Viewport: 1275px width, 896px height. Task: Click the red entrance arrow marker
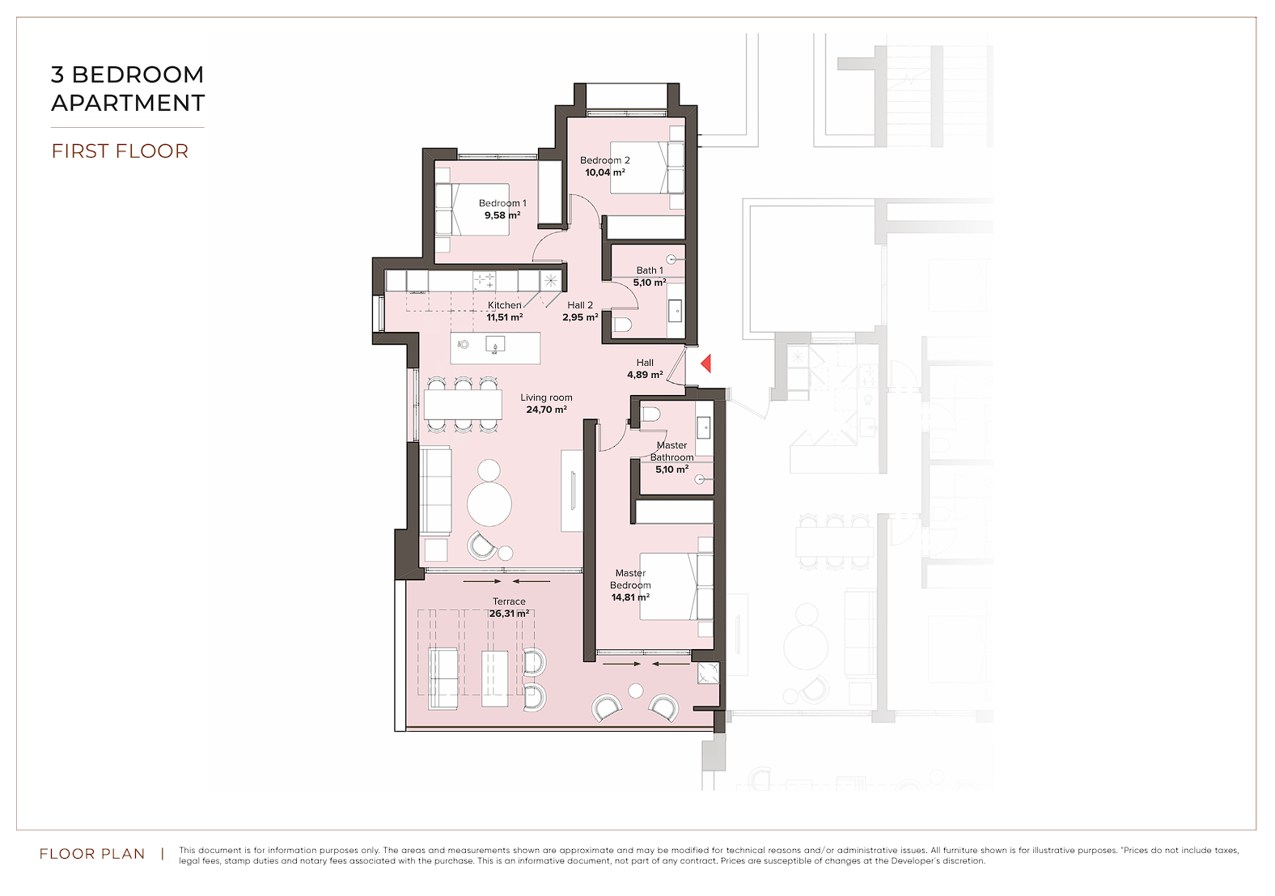pyautogui.click(x=705, y=363)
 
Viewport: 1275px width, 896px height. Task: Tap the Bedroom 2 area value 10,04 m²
pyautogui.click(x=605, y=172)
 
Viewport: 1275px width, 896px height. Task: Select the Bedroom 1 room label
pyautogui.click(x=502, y=203)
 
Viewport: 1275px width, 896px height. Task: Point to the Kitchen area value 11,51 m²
pyautogui.click(x=504, y=317)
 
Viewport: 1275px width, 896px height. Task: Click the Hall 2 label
pyautogui.click(x=580, y=305)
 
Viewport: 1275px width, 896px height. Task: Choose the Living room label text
pyautogui.click(x=546, y=397)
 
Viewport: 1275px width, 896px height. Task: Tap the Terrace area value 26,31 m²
pyautogui.click(x=509, y=614)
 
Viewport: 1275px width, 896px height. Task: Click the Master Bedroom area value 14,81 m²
pyautogui.click(x=630, y=597)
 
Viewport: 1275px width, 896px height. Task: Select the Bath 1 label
pyautogui.click(x=650, y=270)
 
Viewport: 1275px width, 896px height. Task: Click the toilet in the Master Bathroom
pyautogui.click(x=650, y=414)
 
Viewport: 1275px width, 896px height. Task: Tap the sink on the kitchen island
pyautogui.click(x=494, y=345)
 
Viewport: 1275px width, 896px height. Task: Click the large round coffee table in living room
pyautogui.click(x=489, y=504)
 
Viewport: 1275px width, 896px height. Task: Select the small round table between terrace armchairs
pyautogui.click(x=635, y=691)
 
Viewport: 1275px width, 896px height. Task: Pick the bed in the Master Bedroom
pyautogui.click(x=676, y=586)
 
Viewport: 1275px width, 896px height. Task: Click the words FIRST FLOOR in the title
pyautogui.click(x=120, y=151)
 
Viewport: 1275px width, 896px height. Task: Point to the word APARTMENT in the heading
pyautogui.click(x=128, y=103)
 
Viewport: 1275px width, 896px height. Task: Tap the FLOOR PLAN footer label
pyautogui.click(x=92, y=853)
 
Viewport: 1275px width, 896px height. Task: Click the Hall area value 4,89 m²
pyautogui.click(x=645, y=375)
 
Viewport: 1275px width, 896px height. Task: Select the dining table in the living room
pyautogui.click(x=463, y=405)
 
